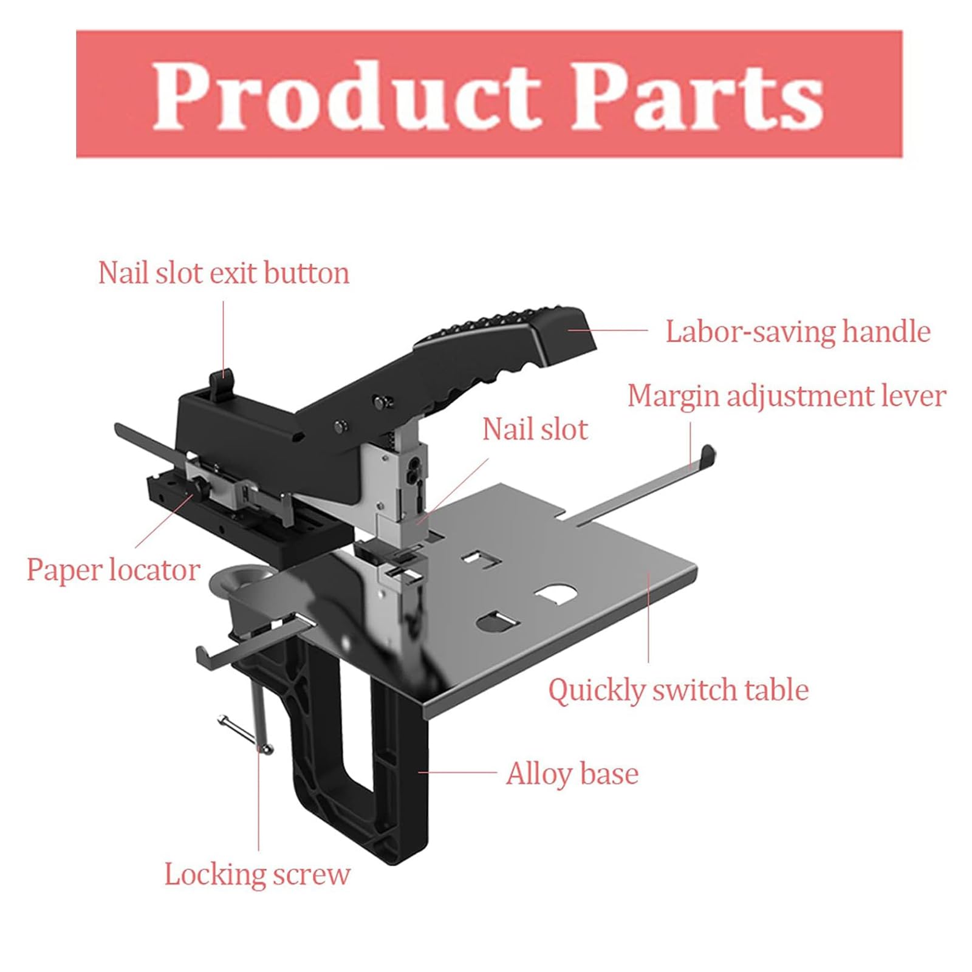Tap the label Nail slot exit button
(x=224, y=273)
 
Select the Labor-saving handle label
(x=798, y=332)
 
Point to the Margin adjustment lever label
(x=787, y=396)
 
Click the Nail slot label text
(x=535, y=430)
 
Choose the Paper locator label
(x=113, y=570)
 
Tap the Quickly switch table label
(x=679, y=690)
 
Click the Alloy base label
(x=572, y=774)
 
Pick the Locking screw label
(x=258, y=875)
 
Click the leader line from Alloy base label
(x=457, y=773)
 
